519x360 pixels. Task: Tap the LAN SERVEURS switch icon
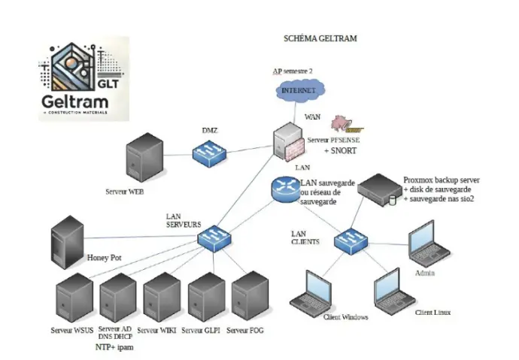(214, 240)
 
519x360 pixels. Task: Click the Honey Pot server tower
(66, 241)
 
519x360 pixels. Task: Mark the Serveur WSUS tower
(74, 299)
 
